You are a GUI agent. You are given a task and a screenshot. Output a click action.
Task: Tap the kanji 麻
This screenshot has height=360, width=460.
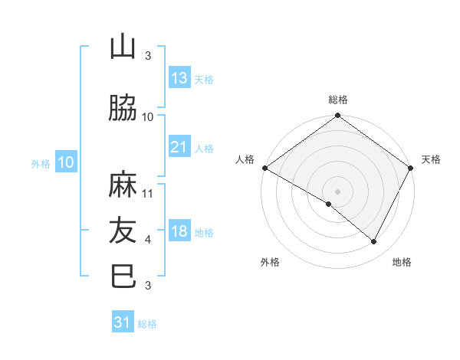pos(123,185)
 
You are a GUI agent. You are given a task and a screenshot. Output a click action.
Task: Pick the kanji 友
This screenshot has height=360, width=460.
pos(123,231)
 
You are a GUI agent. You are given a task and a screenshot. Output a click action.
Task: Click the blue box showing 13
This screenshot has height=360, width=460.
pos(179,78)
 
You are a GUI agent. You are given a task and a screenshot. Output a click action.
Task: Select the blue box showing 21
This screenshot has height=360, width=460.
pos(179,147)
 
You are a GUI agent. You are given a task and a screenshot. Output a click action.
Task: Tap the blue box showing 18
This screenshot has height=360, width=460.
pos(179,232)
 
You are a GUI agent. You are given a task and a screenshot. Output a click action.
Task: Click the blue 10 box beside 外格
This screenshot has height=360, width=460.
pos(65,162)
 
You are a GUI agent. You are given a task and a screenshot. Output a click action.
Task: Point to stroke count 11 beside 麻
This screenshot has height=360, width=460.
pos(149,194)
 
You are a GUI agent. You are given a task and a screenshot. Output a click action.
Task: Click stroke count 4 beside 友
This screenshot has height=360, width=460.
pos(148,240)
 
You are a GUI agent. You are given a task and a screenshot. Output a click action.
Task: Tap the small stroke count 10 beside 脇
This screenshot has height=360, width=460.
pos(148,117)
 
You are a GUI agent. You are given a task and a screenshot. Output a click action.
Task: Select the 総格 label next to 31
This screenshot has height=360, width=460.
pos(147,324)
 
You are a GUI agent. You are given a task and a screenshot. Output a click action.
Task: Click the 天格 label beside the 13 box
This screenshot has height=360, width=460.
pos(203,80)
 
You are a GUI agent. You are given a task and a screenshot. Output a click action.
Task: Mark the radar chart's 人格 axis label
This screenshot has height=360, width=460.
pos(245,159)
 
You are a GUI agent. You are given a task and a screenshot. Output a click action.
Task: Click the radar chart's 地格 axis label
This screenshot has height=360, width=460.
pos(402,262)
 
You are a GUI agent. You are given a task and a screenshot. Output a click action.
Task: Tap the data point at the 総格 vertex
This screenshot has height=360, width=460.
pos(337,116)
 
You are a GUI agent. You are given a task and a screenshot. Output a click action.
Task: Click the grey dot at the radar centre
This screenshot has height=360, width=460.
pos(337,191)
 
